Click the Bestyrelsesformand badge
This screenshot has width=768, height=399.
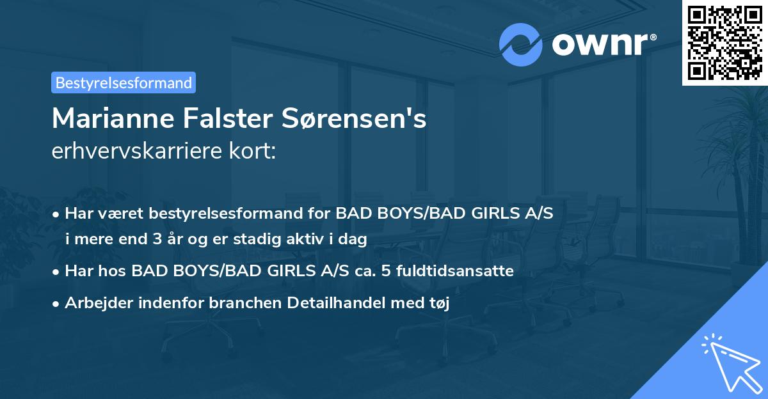(x=124, y=82)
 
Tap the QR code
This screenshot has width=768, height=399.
(x=724, y=42)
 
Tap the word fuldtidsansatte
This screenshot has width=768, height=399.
(x=455, y=271)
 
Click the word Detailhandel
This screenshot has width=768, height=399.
(x=344, y=303)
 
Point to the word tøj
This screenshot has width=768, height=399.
(x=439, y=303)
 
